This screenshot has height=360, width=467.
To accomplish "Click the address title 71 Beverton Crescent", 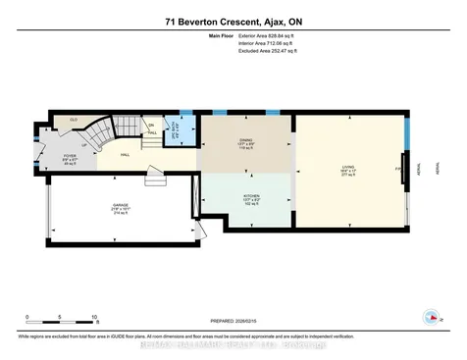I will [233, 20].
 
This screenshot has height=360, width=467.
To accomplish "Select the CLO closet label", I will [72, 120].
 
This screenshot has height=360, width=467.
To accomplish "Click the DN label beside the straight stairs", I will [151, 125].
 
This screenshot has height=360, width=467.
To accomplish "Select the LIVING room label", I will [347, 170].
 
